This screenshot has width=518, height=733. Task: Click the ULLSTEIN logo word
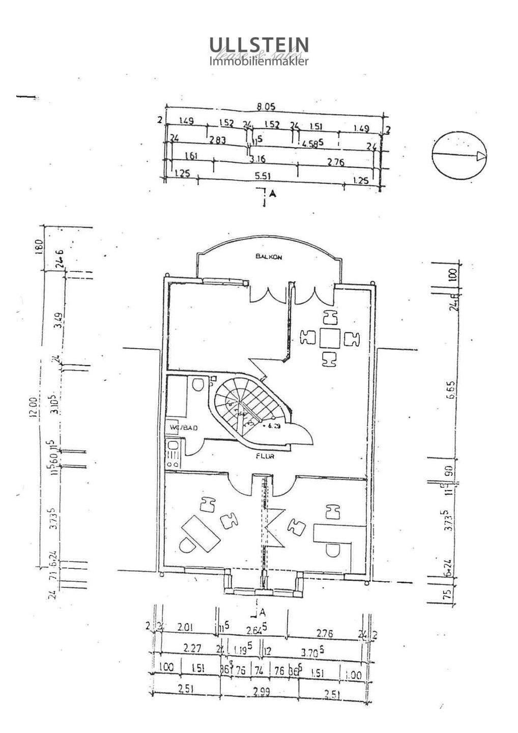[259, 45]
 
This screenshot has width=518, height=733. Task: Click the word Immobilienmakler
[259, 62]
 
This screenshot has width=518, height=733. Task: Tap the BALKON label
[269, 258]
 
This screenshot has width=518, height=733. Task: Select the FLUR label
[265, 457]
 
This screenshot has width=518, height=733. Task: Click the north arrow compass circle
[459, 157]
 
